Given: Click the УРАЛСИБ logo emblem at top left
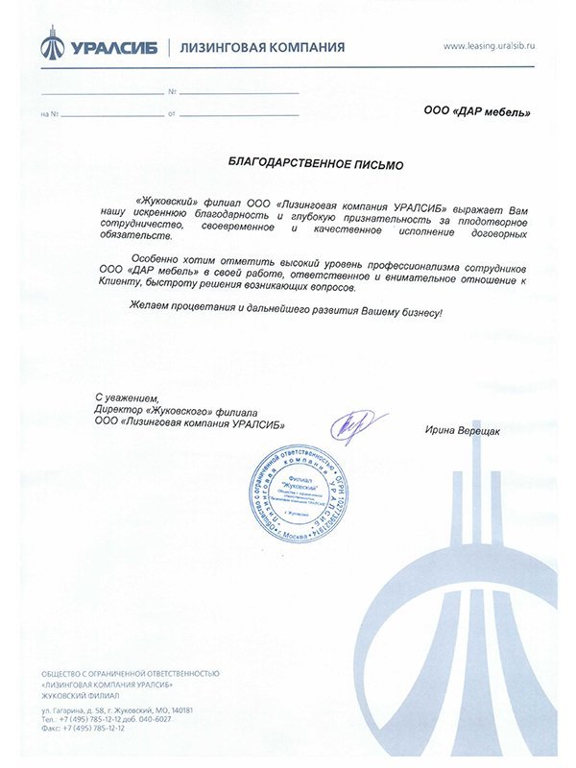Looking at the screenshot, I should [53, 45].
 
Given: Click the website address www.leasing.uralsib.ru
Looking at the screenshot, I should [490, 45].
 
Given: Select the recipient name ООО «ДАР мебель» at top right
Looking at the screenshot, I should [476, 111].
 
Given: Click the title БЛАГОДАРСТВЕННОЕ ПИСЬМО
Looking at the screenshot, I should [316, 164].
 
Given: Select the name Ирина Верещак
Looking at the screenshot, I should [463, 430].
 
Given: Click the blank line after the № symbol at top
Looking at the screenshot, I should [240, 91].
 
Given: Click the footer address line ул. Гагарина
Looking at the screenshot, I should [118, 709].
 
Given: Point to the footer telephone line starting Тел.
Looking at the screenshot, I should [107, 719].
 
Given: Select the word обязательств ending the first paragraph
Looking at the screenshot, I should [134, 235].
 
